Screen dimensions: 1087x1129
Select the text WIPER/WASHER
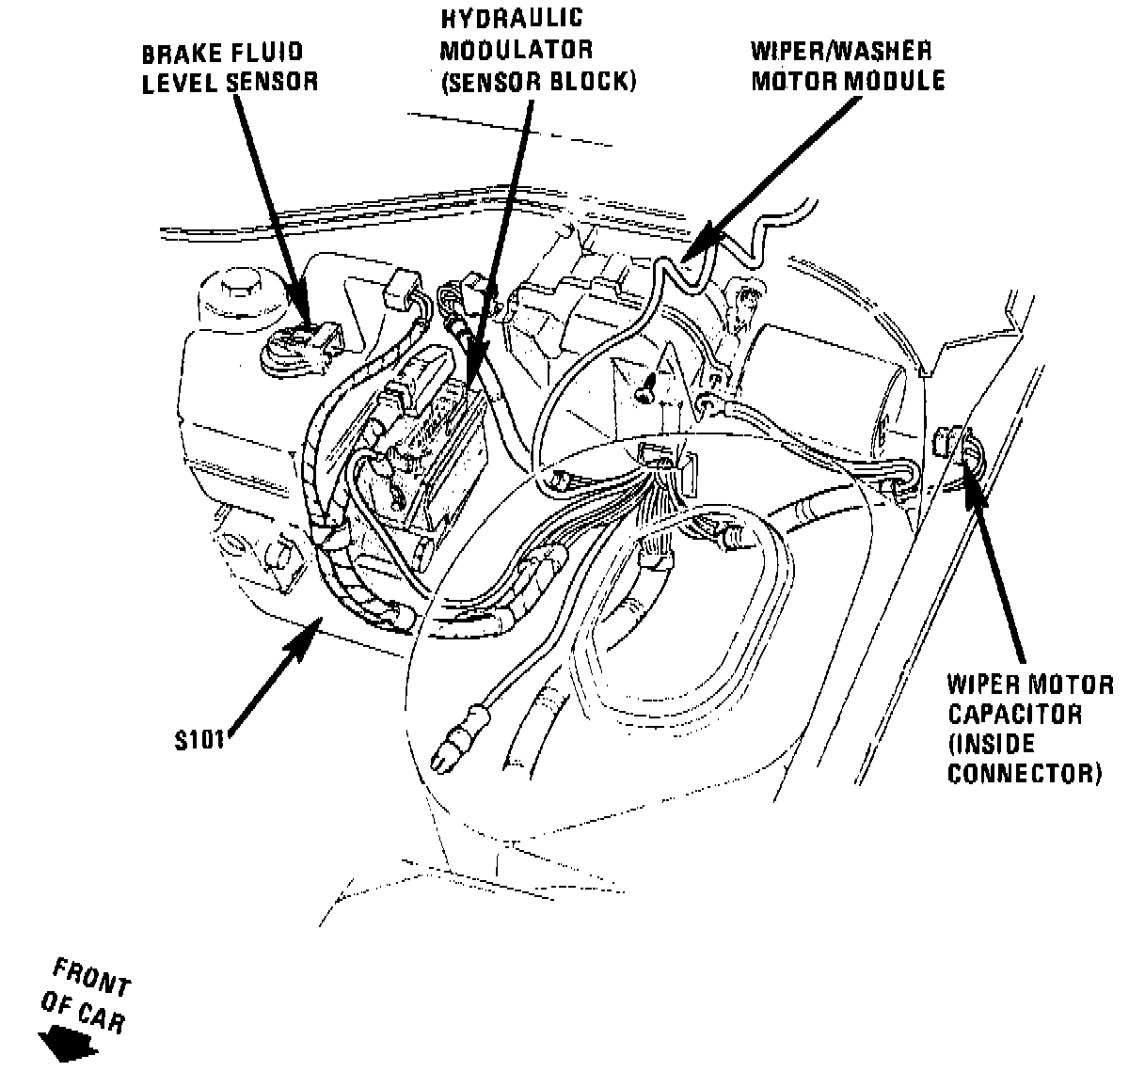[840, 51]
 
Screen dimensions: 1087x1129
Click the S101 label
[199, 740]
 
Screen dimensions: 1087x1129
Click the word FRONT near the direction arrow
[91, 978]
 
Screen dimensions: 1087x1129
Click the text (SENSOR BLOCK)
[538, 82]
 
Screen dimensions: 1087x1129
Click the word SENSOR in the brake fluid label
[274, 82]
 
